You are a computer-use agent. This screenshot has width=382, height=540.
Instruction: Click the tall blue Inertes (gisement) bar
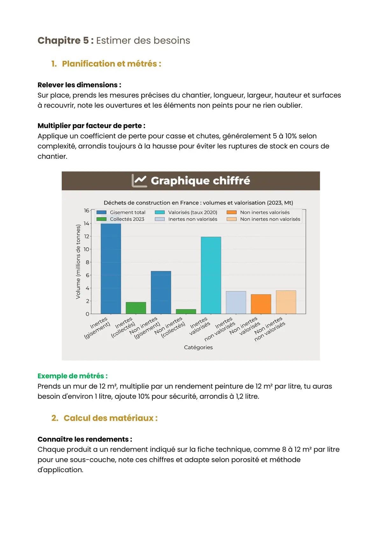coord(111,269)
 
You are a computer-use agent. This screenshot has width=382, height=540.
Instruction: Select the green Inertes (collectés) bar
coord(136,308)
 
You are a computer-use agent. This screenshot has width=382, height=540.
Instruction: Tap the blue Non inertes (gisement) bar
coord(161,292)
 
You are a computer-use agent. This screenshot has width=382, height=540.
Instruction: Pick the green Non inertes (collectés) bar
coord(186,311)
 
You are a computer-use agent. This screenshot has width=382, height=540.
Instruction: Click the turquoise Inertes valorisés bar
coord(211,275)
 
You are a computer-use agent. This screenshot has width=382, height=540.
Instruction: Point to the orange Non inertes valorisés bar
coord(261,304)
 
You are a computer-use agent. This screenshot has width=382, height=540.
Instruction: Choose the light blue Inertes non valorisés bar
coord(236,302)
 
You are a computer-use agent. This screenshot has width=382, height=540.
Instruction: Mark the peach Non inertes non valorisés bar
coord(286,302)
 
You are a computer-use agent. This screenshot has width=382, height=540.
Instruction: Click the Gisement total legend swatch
coord(101,212)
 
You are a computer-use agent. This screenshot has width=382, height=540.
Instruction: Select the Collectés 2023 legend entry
coord(127,219)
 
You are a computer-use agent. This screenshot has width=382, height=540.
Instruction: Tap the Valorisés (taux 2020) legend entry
coord(192,212)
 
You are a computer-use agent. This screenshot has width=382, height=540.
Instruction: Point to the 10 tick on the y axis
coord(87,249)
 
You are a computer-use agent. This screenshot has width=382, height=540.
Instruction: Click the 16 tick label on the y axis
coord(87,211)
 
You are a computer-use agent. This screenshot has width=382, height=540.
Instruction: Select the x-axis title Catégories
coord(198,347)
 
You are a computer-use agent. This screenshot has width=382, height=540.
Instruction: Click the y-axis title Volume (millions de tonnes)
coord(78,262)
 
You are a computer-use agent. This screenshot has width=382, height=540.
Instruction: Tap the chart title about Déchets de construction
coord(198,203)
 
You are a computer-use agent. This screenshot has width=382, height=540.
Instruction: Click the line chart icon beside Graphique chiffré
coord(139,181)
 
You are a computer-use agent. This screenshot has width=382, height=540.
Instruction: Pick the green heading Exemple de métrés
coord(73,376)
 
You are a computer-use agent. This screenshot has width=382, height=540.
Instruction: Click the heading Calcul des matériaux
coord(110,418)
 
